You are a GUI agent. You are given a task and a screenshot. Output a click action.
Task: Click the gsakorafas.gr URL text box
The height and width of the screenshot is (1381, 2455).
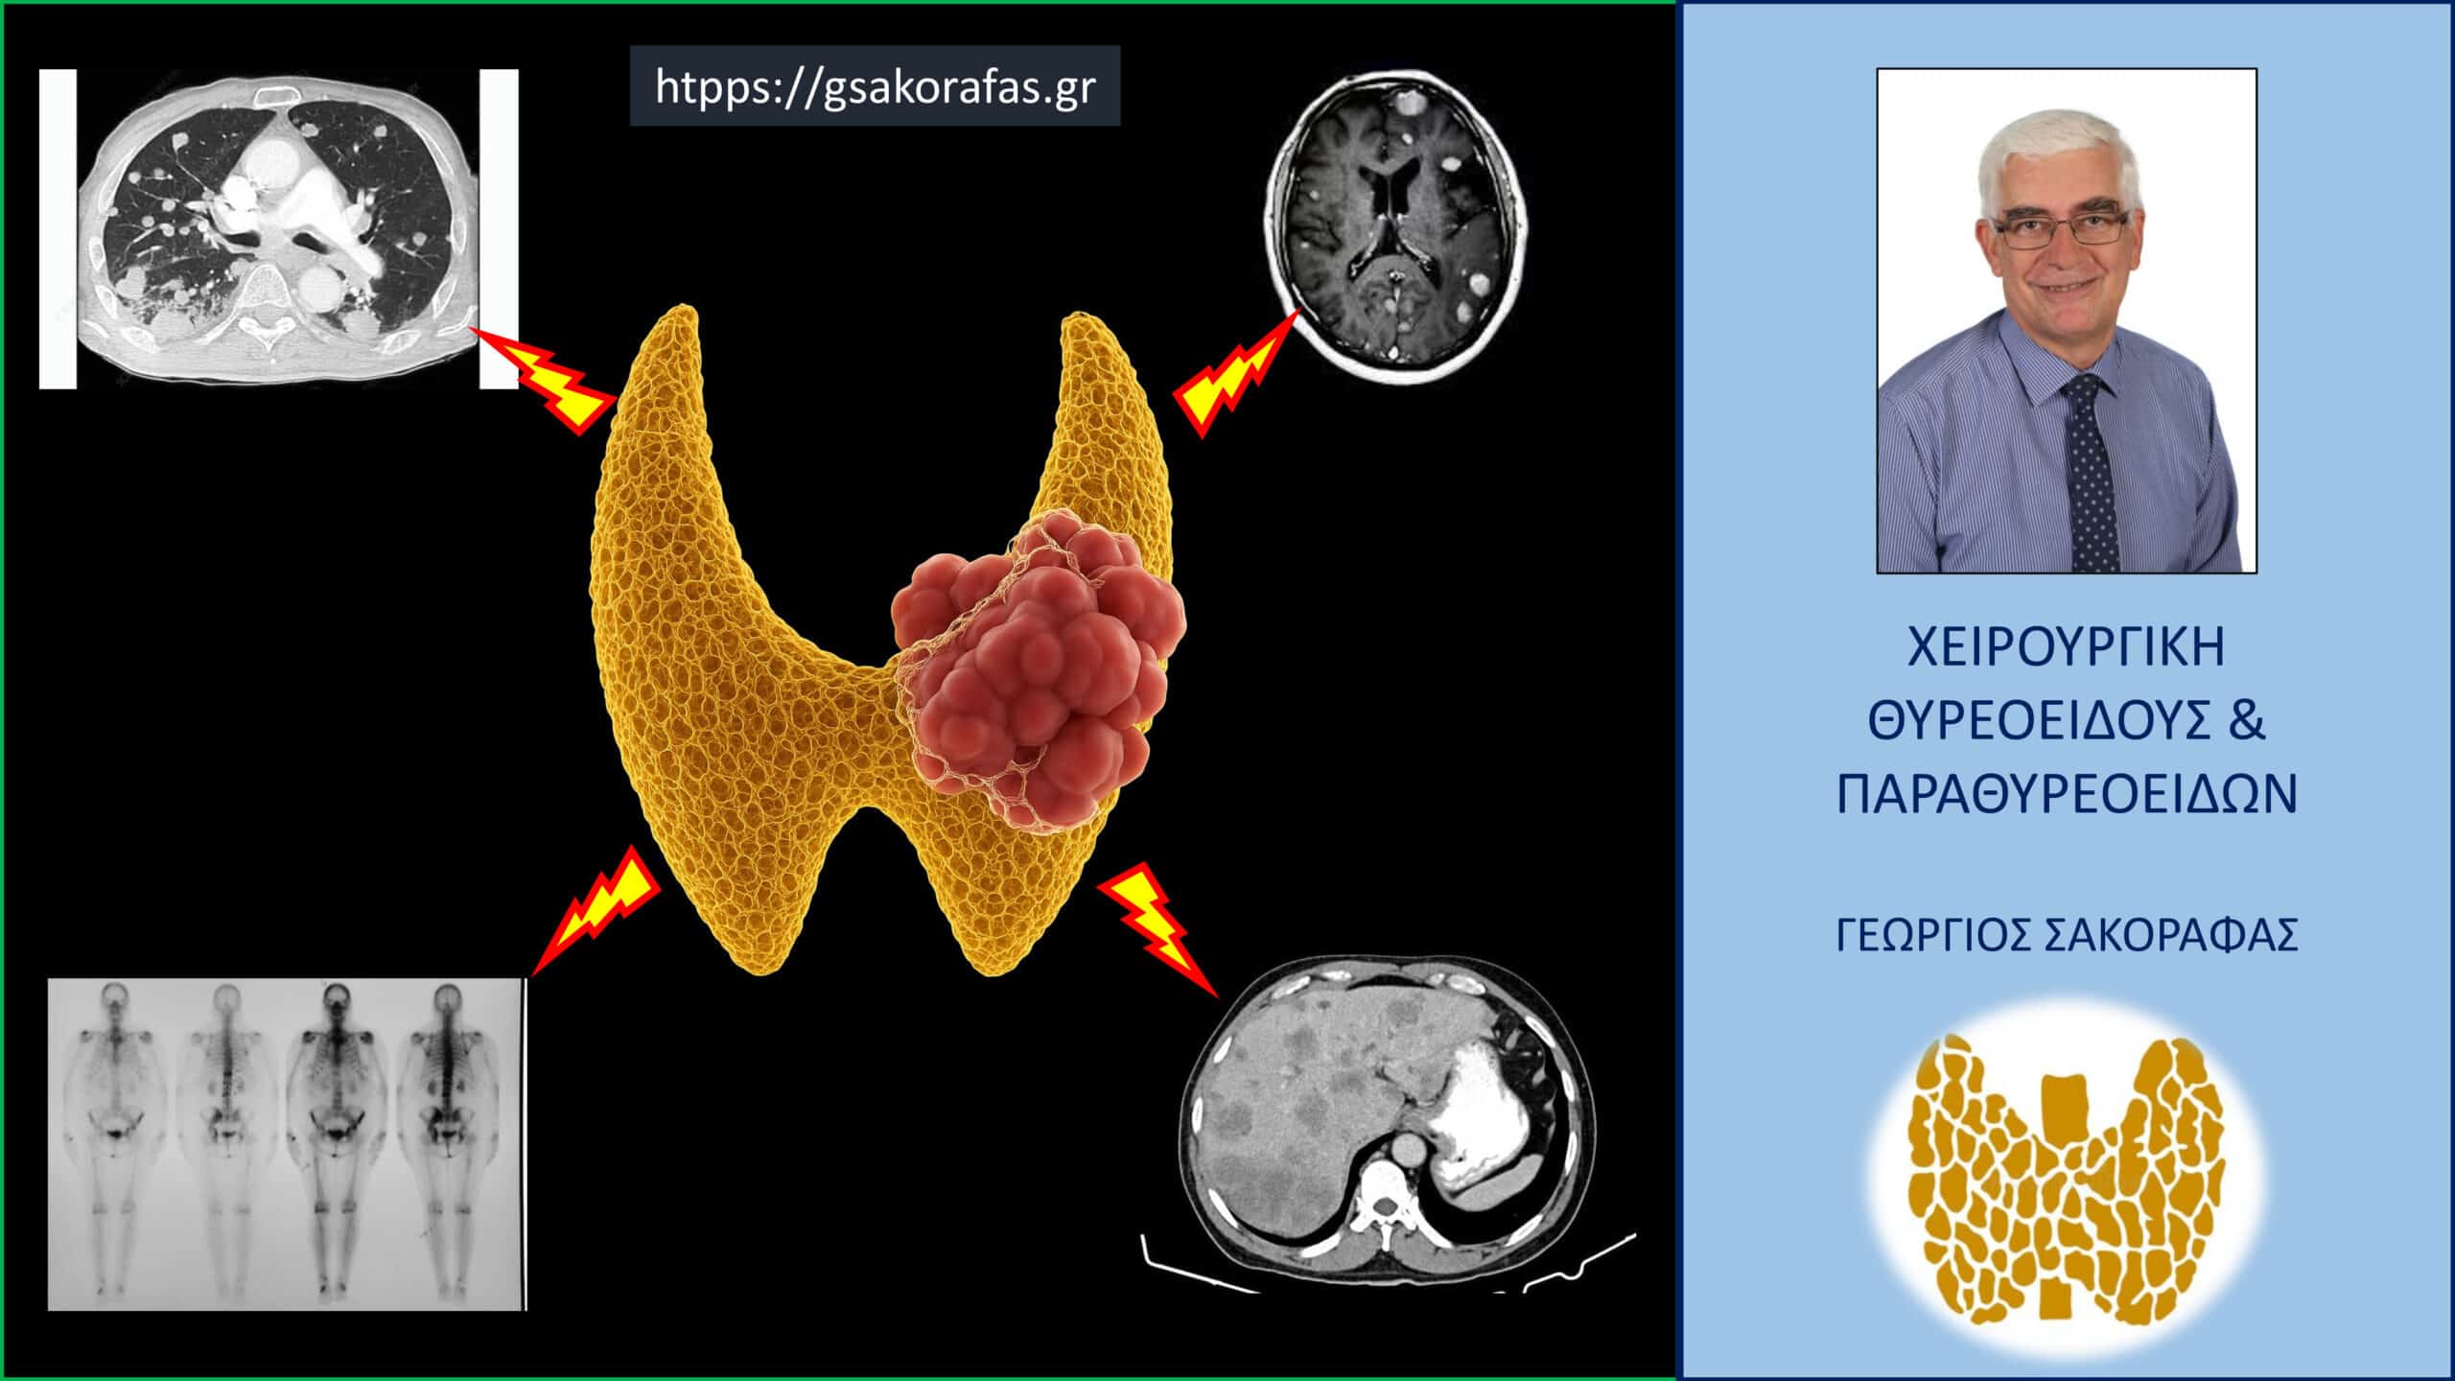click(x=875, y=85)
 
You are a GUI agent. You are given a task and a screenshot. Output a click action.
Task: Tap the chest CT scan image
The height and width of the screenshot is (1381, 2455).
click(x=278, y=228)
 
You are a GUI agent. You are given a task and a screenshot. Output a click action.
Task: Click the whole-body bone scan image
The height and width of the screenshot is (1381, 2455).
click(x=287, y=1143)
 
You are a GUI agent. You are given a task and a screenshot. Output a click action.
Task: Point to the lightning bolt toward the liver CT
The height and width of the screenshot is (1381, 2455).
click(x=1157, y=929)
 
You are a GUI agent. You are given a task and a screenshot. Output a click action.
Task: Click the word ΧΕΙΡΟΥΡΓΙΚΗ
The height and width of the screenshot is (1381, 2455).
click(x=2067, y=647)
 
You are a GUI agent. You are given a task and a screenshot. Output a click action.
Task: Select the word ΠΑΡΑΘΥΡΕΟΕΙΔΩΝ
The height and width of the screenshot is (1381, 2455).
click(x=2067, y=795)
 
